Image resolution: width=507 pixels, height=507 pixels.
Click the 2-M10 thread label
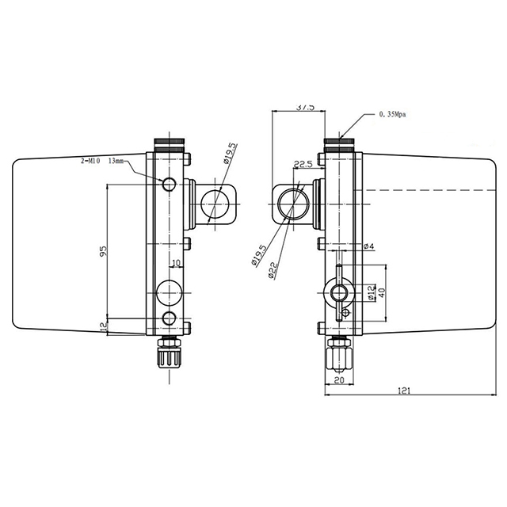click(x=90, y=160)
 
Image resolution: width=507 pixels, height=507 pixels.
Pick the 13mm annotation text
click(x=116, y=160)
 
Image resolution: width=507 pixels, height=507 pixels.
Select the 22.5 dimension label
click(x=302, y=166)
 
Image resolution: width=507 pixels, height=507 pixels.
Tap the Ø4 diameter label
click(x=368, y=247)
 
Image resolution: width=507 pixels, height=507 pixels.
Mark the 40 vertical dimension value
click(x=381, y=291)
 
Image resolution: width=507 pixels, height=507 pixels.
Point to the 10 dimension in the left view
click(x=175, y=262)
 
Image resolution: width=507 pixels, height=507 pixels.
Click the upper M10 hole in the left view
click(x=168, y=185)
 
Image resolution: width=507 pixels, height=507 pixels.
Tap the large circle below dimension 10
click(x=169, y=293)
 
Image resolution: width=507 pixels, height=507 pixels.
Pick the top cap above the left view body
click(x=168, y=145)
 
